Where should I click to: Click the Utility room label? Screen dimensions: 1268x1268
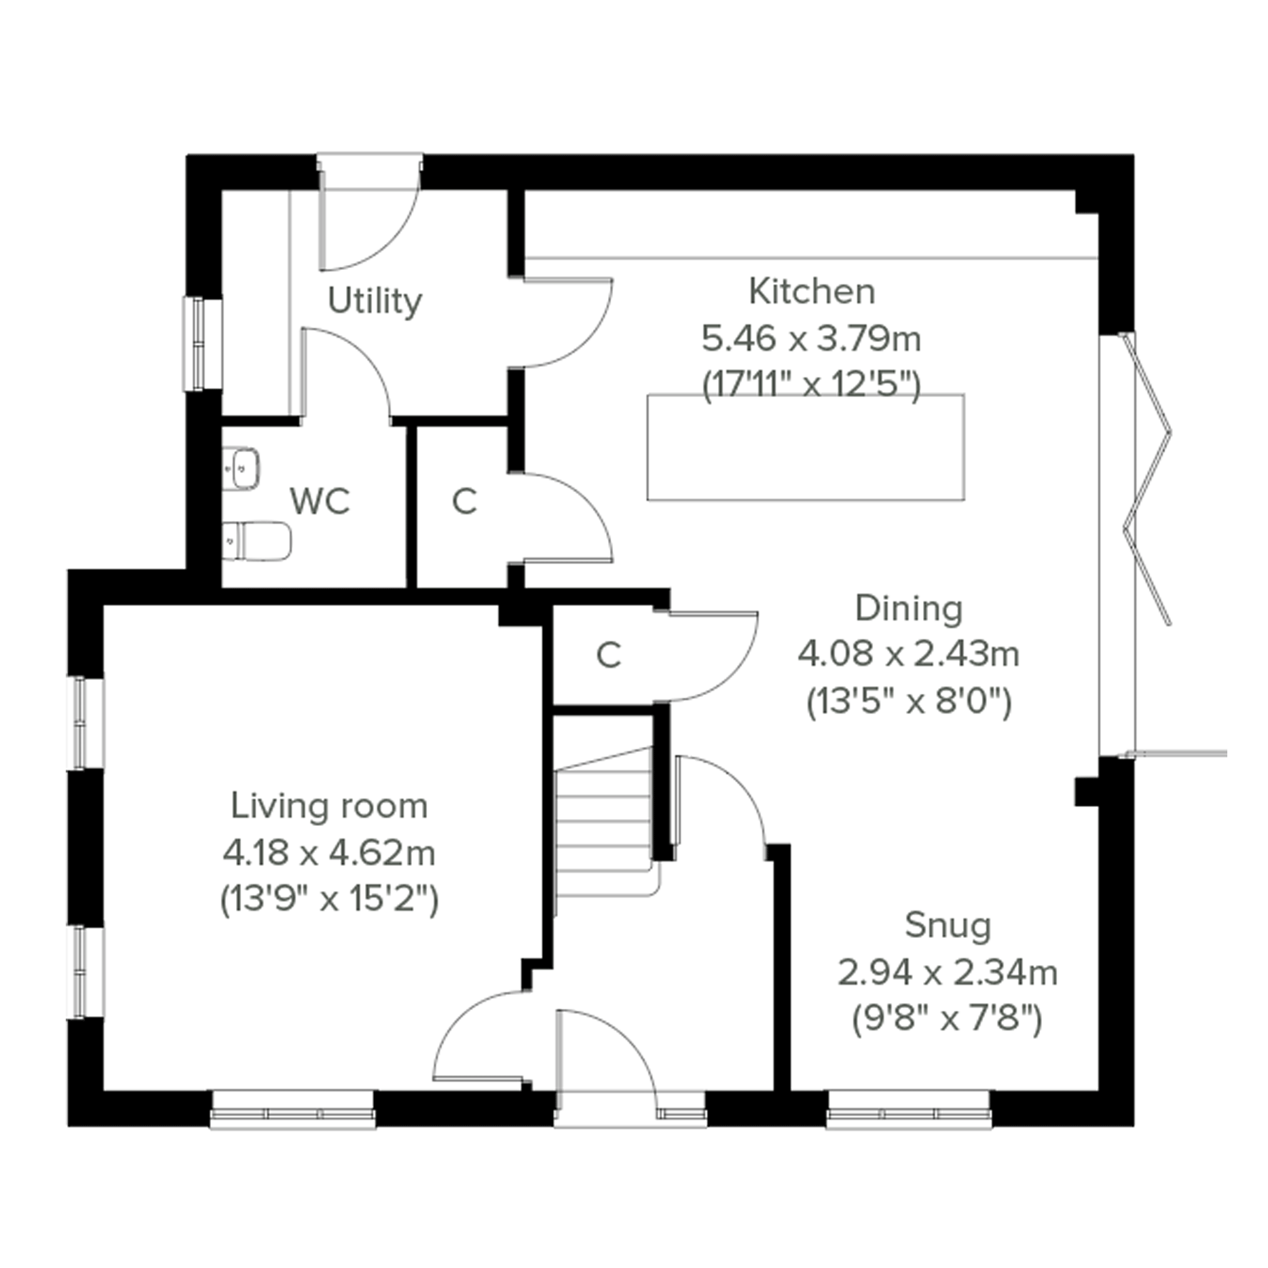[x=374, y=302]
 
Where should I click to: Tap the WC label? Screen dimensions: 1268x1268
[x=319, y=502]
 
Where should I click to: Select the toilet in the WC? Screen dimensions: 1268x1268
[x=257, y=542]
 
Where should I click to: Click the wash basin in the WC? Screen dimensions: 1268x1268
[x=241, y=468]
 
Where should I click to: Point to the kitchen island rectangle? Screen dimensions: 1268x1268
[x=806, y=447]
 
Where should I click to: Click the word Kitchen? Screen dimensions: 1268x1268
[x=812, y=292]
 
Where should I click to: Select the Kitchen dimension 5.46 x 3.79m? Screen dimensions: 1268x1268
[x=812, y=339]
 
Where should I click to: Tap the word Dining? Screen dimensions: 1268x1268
[x=909, y=609]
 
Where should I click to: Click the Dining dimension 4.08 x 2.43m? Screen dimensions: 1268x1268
[x=909, y=654]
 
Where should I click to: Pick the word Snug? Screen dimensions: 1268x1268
[x=948, y=926]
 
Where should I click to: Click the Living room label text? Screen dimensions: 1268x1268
[x=329, y=807]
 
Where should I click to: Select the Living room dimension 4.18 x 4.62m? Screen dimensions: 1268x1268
[x=329, y=853]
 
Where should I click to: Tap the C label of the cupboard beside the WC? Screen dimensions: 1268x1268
[x=464, y=502]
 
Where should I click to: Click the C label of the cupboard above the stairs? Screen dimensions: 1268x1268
[x=609, y=655]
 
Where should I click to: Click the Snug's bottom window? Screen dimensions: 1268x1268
[x=909, y=1109]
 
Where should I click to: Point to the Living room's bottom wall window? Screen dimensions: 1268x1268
[x=292, y=1109]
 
